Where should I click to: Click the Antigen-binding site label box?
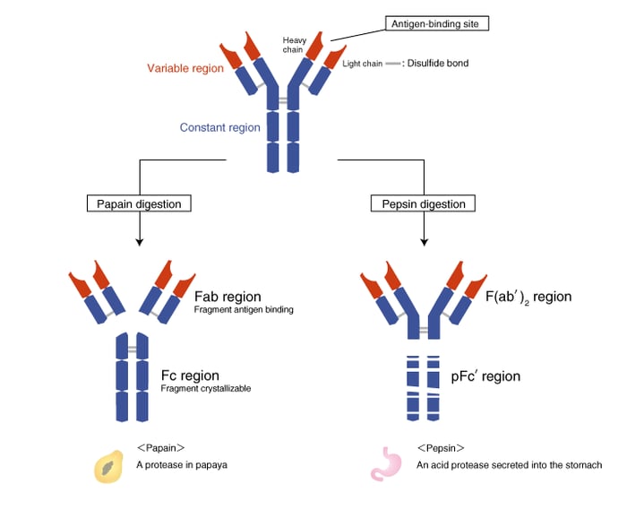[x=437, y=23]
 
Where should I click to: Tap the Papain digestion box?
[x=139, y=203]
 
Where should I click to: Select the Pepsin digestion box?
[x=423, y=203]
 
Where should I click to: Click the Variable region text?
[x=186, y=68]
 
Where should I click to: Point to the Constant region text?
[x=220, y=127]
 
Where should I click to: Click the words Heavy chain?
[x=295, y=45]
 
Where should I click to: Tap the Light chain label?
[x=364, y=64]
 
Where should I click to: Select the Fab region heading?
[x=228, y=297]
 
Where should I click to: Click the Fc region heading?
[x=190, y=375]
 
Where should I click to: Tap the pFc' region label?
[x=485, y=376]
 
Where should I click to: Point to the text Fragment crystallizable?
[x=205, y=389]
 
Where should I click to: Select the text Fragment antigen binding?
[x=244, y=310]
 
